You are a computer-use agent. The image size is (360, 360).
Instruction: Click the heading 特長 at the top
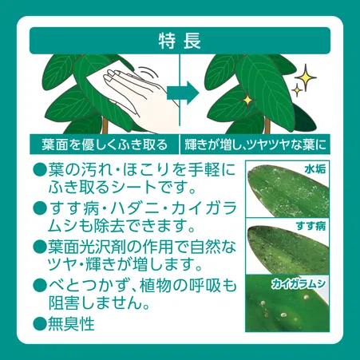pos(180,40)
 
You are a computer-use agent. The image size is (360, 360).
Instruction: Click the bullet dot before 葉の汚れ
pos(39,170)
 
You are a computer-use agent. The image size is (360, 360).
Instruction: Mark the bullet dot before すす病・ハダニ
pos(39,208)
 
